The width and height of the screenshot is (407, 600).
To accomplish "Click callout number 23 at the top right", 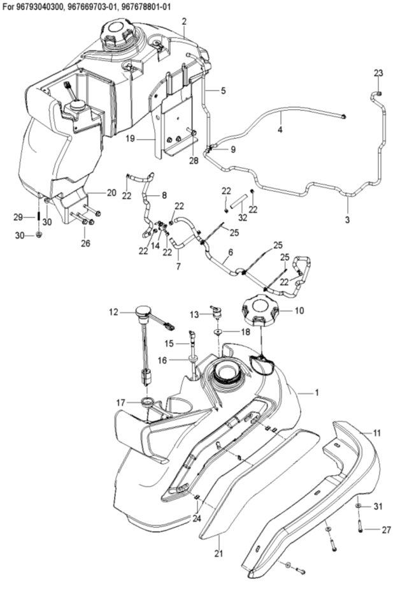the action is pyautogui.click(x=378, y=73).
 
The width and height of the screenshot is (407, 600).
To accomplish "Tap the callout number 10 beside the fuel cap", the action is pyautogui.click(x=299, y=311).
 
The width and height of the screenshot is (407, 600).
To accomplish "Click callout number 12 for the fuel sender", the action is pyautogui.click(x=113, y=312).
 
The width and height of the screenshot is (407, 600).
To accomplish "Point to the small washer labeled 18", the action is pyautogui.click(x=218, y=332).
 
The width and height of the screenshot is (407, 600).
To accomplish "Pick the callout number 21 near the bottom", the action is pyautogui.click(x=218, y=553).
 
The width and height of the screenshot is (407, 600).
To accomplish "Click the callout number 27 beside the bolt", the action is pyautogui.click(x=387, y=530).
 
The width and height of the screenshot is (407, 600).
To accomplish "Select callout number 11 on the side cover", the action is pyautogui.click(x=377, y=433).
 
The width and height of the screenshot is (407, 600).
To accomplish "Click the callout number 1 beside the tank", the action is pyautogui.click(x=317, y=393).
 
